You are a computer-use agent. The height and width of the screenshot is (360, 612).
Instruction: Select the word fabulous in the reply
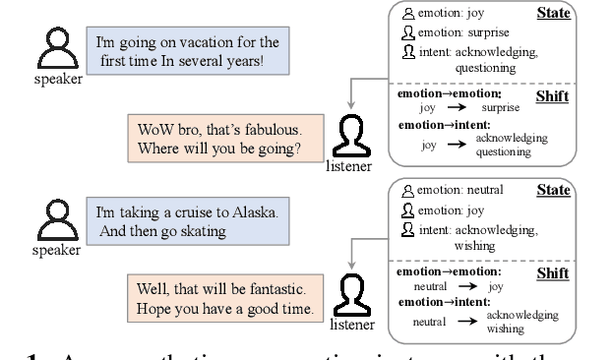click(x=269, y=129)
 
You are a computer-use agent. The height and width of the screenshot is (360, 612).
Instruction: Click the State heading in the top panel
click(x=554, y=14)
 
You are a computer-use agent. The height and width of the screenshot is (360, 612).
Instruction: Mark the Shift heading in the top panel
click(x=553, y=96)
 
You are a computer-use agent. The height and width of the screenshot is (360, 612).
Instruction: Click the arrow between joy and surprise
click(x=454, y=107)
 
